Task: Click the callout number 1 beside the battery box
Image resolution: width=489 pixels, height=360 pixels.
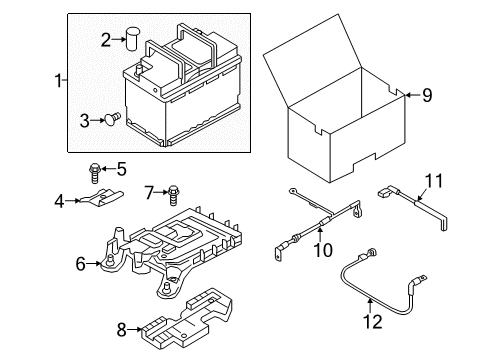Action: coord(58,81)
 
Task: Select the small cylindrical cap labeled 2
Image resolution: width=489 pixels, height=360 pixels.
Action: coord(133,39)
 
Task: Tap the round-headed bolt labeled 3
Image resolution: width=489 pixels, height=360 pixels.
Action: coord(112,119)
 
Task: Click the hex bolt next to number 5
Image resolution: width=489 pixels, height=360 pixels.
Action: coord(95,172)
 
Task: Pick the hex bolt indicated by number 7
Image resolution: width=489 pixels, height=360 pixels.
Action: coord(173,195)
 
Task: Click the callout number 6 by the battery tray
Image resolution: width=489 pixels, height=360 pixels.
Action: coord(81,264)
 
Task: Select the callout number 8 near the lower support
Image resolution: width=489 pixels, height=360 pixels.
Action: coord(121,330)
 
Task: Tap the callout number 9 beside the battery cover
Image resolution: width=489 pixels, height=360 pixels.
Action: coord(427,95)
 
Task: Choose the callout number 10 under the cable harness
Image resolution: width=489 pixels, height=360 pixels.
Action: coord(323,250)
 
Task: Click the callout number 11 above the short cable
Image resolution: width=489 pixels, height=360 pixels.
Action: coord(434,181)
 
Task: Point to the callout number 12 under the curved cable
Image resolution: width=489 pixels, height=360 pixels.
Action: coord(373,322)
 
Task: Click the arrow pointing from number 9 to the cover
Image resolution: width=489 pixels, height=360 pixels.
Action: coord(413,95)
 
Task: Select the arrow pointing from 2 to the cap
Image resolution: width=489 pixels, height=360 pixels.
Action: coord(119,39)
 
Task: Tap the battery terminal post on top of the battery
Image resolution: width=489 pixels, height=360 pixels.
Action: coord(138,71)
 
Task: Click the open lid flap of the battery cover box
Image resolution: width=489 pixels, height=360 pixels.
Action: coord(313,60)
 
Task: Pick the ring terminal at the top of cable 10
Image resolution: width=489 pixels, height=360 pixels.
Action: coord(293,191)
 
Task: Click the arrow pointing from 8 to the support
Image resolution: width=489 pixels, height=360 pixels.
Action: coord(134,330)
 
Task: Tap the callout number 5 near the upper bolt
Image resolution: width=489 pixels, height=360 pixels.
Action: coord(122,169)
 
